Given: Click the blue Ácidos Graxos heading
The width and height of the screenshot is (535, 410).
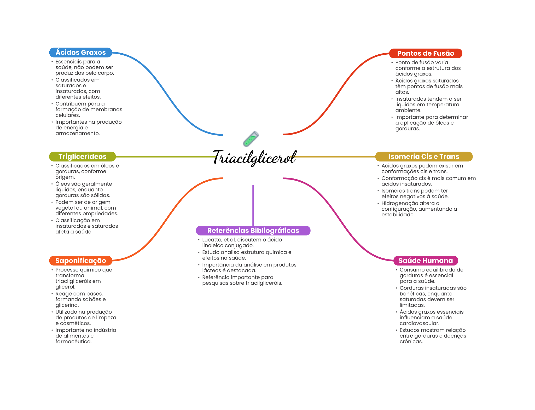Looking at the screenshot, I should coord(80,53).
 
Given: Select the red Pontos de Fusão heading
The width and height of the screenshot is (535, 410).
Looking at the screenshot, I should coord(426,53).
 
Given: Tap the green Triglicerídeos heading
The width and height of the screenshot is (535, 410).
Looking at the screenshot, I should coord(82,157).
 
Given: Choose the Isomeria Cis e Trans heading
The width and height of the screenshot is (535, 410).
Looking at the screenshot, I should coord(424,157).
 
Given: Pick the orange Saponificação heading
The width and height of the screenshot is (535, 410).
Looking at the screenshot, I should coord(80,261).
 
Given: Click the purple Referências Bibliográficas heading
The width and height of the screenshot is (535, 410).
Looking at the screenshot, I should coord(253,230).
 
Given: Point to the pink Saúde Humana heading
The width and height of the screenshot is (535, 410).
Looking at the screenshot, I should coord(426,261).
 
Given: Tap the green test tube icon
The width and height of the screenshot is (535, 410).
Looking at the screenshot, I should coord(251,139).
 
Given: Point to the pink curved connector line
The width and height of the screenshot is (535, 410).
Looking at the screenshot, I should coord(340,220).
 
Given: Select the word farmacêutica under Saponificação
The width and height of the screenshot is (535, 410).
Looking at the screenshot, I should coord(73,342).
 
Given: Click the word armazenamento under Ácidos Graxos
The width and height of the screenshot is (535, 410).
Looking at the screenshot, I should coord(78,133).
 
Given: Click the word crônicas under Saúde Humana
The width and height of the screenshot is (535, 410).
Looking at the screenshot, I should coord(411,342).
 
